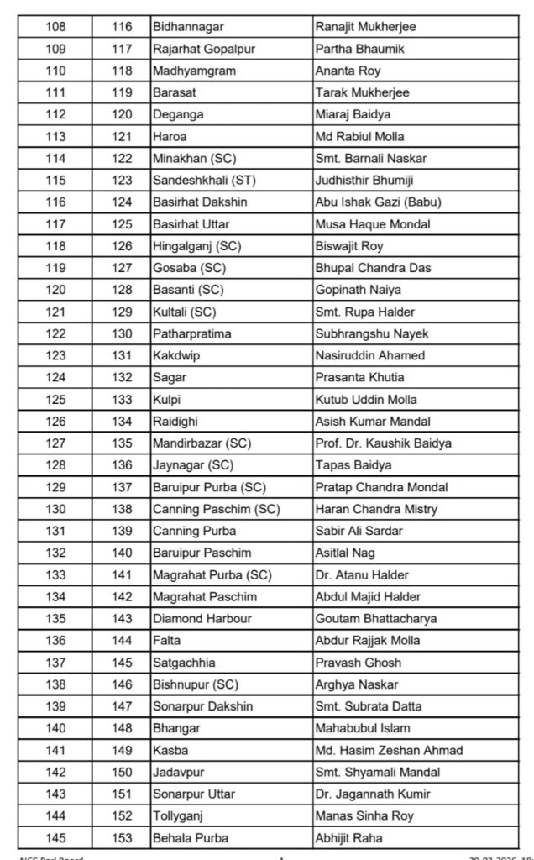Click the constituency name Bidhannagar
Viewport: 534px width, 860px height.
[190, 28]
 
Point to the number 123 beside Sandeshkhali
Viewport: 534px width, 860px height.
[122, 181]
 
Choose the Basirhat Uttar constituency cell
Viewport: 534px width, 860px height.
[192, 224]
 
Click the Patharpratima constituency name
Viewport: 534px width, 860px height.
[193, 333]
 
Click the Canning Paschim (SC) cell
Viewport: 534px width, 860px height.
[216, 509]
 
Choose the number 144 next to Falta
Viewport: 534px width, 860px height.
[122, 640]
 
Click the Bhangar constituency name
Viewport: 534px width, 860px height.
[176, 727]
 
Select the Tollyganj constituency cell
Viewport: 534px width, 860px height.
[179, 815]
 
